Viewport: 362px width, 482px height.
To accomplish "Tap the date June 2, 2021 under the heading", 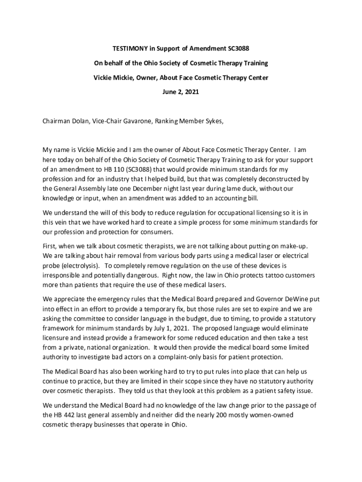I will [181, 92].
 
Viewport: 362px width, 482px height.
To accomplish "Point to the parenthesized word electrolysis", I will [77, 265].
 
